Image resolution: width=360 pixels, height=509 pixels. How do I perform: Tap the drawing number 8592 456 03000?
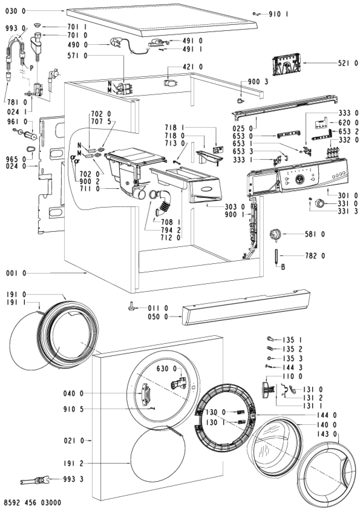31,503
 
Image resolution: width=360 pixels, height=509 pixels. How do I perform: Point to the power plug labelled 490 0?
115,43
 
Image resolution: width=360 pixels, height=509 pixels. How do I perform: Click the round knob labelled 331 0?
320,203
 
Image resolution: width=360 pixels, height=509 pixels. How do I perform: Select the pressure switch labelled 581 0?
275,235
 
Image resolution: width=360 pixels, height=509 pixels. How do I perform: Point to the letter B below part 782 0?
283,267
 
